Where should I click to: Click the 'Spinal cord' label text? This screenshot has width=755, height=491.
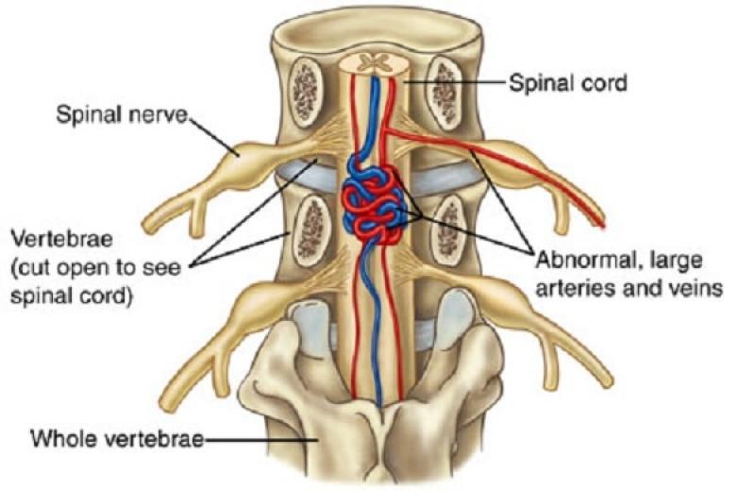pos(568,83)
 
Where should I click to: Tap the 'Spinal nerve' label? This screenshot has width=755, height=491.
pos(122,114)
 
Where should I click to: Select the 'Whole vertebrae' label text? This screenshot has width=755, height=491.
pos(117,438)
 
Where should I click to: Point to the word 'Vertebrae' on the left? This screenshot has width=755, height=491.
pos(61,239)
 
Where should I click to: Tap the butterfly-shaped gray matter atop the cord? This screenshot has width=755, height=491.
pos(373,62)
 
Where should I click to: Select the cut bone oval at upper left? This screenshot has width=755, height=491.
pos(305,92)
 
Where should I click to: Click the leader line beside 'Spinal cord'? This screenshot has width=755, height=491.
pos(454,82)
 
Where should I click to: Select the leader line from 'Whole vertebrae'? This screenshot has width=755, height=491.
pos(261,439)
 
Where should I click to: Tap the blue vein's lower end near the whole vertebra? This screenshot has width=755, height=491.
pos(380,405)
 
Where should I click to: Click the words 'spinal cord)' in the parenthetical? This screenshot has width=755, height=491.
pos(72,296)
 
